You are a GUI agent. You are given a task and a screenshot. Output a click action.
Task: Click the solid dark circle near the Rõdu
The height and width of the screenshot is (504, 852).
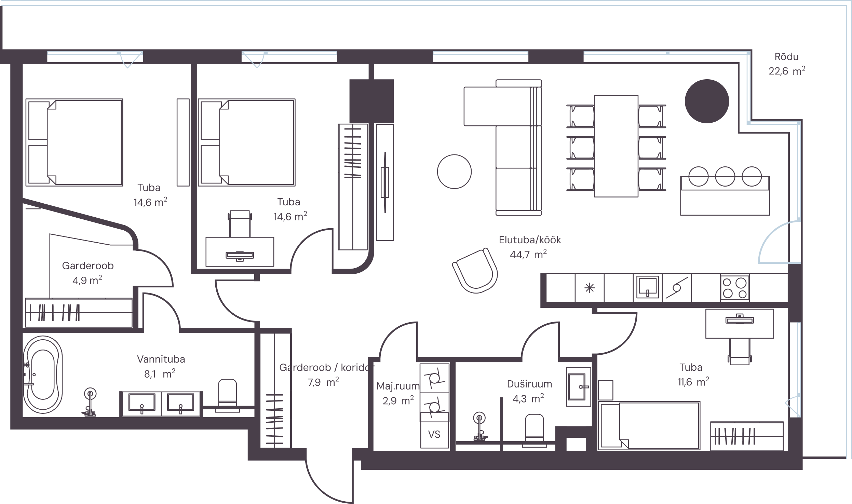pos(707,101)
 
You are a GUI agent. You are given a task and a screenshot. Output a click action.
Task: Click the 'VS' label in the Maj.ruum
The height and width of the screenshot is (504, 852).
pos(434,434)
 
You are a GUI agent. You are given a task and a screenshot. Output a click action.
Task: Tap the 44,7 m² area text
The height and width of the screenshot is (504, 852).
pos(528,254)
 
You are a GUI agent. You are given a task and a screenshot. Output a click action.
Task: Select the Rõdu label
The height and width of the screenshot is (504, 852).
pos(786,57)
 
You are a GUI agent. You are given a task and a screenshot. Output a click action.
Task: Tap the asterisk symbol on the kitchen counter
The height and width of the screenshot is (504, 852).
pos(590,288)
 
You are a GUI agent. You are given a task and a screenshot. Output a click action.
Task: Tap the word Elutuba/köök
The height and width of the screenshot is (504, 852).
pos(530,240)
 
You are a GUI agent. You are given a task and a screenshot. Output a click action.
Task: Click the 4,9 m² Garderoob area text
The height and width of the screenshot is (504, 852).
pos(87,280)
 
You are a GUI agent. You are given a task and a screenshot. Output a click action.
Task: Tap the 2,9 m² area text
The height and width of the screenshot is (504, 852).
pos(398,400)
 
